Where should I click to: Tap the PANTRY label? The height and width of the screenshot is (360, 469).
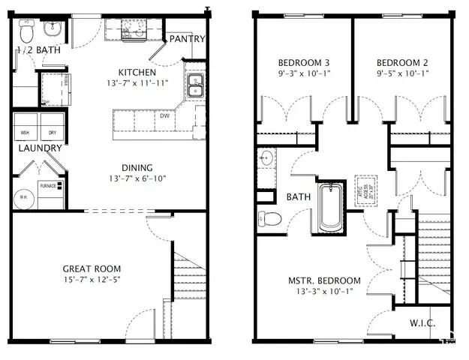tap(186, 39)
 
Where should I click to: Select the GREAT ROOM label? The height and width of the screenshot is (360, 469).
tap(92, 268)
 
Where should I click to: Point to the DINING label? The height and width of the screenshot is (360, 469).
tap(137, 167)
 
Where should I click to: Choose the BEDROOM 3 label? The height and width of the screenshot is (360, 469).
tap(304, 62)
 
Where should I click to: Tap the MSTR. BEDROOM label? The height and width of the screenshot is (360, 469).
tap(325, 280)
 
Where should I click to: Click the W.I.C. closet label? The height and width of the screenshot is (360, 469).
tap(422, 324)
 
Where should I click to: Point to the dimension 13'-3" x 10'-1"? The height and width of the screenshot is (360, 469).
tap(325, 292)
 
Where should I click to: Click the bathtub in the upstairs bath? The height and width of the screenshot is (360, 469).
tap(329, 208)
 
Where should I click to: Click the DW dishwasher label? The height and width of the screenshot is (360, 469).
tap(163, 116)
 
